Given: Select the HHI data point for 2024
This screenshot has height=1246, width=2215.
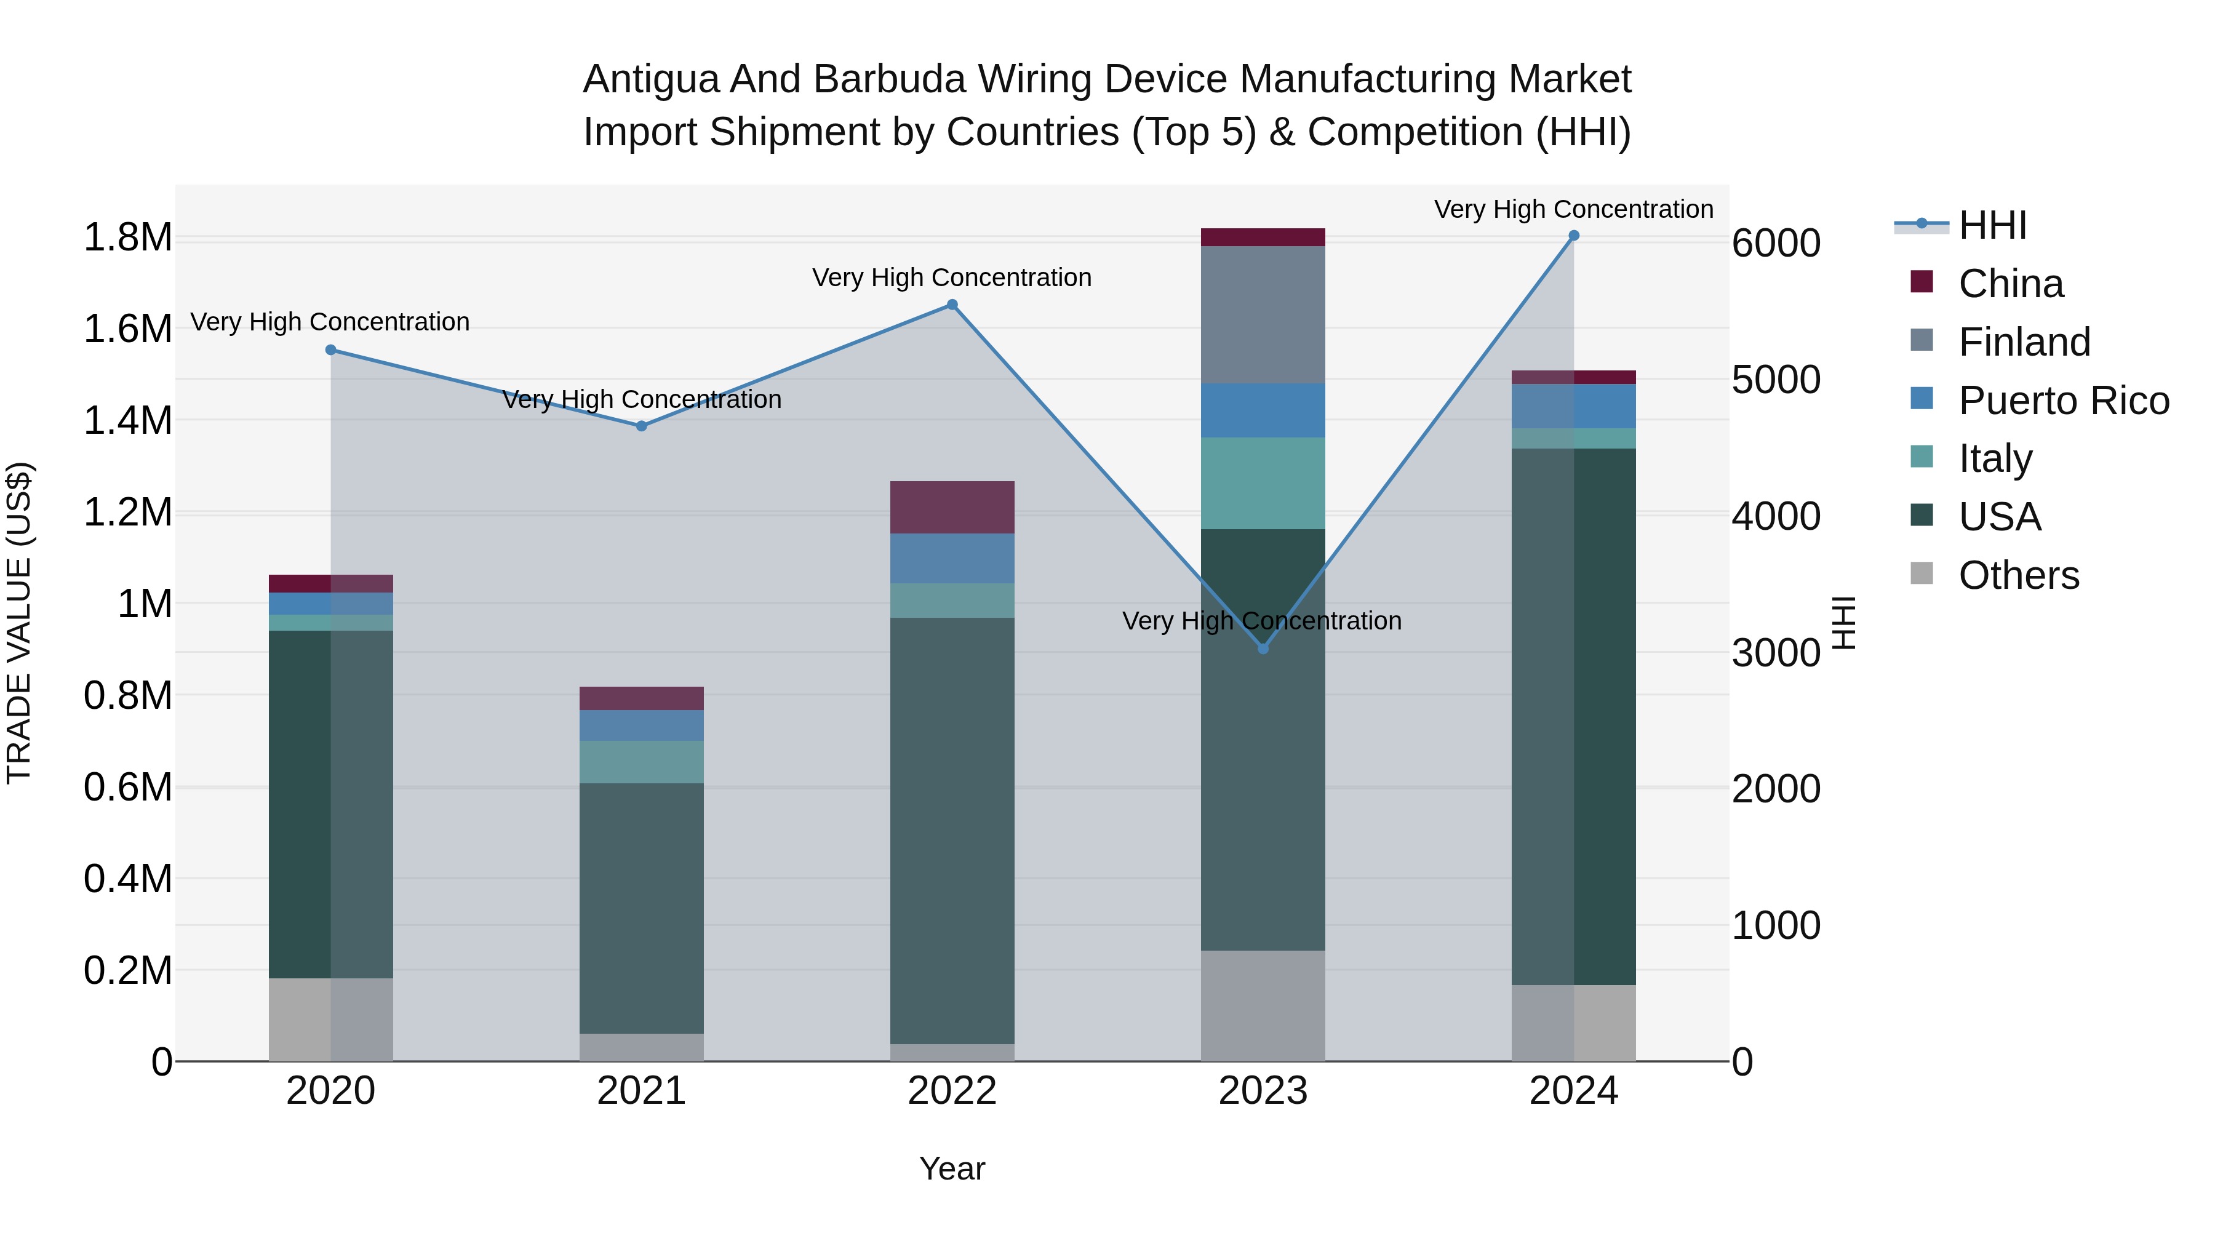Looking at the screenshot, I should (1573, 236).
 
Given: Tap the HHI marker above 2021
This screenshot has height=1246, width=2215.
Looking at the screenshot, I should (642, 426).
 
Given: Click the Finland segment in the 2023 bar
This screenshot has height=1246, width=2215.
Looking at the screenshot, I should (1263, 314).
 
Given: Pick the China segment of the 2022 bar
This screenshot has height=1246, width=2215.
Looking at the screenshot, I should (952, 508).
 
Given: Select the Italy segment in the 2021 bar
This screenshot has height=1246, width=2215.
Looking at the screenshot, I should (642, 762).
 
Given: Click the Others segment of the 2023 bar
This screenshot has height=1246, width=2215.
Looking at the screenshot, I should (1263, 1005).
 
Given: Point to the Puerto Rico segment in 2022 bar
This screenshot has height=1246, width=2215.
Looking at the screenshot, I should (952, 559).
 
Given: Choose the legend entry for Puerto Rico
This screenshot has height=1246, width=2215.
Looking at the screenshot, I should (2064, 401).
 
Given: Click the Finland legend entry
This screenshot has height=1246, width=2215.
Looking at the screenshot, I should (2024, 342).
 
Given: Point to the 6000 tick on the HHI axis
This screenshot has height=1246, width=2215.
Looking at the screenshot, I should (1776, 243).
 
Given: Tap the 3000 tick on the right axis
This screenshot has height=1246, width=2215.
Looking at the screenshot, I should (1776, 653).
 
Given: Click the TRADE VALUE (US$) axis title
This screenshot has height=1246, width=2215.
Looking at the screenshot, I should (19, 623).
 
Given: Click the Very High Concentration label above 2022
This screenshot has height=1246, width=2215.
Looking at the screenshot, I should (952, 278).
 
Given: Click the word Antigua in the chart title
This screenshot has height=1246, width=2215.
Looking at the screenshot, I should (652, 79).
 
